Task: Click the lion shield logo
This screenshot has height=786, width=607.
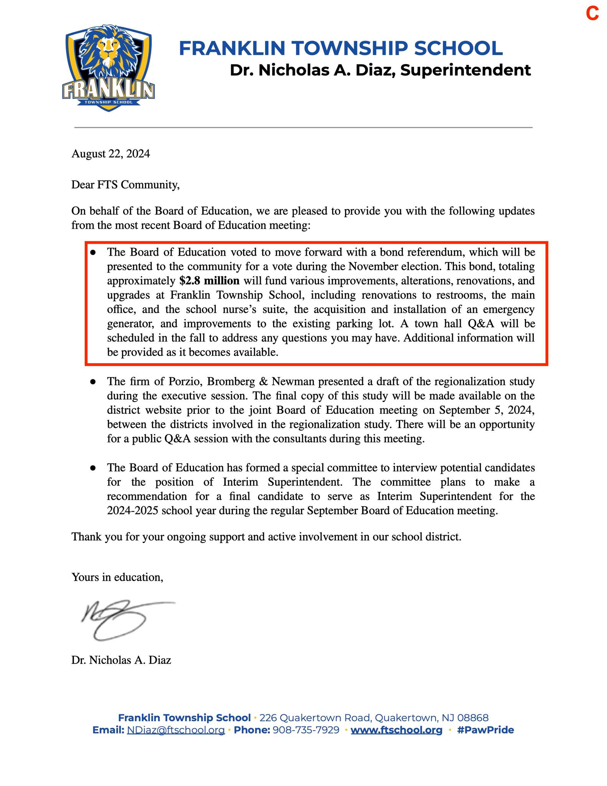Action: pyautogui.click(x=108, y=68)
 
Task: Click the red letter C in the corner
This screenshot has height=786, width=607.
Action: pyautogui.click(x=592, y=14)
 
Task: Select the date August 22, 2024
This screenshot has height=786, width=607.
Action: pyautogui.click(x=110, y=154)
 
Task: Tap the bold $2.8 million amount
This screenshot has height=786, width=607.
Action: pyautogui.click(x=209, y=281)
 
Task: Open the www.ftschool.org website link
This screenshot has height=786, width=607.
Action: pyautogui.click(x=396, y=730)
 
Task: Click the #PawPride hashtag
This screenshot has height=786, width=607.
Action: pyautogui.click(x=485, y=730)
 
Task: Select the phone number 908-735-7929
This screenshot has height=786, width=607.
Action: pyautogui.click(x=306, y=730)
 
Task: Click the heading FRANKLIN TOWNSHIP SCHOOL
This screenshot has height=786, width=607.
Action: pyautogui.click(x=341, y=48)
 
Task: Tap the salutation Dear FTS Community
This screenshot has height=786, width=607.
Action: pyautogui.click(x=125, y=185)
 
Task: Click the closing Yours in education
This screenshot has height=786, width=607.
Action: pyautogui.click(x=117, y=577)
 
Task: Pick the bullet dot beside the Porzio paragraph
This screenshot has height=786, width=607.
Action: pyautogui.click(x=92, y=382)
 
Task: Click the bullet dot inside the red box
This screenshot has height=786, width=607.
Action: pyautogui.click(x=92, y=253)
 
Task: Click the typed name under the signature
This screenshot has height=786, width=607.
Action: pyautogui.click(x=121, y=660)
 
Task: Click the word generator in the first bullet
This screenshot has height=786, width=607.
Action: pyautogui.click(x=130, y=324)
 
